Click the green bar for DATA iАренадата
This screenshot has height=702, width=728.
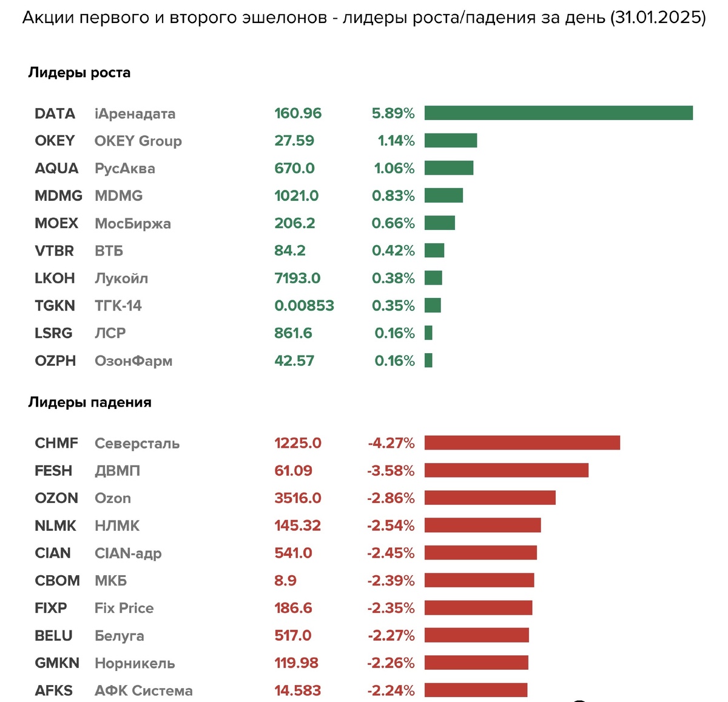click(x=558, y=113)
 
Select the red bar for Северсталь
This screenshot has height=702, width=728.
click(x=522, y=443)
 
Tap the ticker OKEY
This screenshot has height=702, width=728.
click(x=55, y=141)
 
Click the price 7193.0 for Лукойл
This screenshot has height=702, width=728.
click(x=297, y=278)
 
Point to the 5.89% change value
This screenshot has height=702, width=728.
click(x=393, y=113)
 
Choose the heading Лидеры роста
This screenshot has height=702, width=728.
click(x=79, y=73)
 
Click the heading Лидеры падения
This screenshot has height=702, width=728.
click(x=90, y=402)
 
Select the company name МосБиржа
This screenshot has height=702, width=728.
click(x=132, y=223)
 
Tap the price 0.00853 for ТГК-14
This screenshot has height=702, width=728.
click(x=304, y=306)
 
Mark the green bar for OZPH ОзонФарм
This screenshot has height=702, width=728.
click(x=428, y=360)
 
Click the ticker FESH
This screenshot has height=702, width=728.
click(x=53, y=471)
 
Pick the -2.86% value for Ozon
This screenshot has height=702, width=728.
click(x=391, y=498)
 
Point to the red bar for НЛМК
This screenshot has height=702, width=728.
click(x=482, y=525)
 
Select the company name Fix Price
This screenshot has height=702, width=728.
click(x=124, y=608)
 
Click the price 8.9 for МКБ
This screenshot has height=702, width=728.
click(x=285, y=581)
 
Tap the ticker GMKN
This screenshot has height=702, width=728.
click(x=57, y=663)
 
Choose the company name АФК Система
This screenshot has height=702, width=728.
click(x=143, y=690)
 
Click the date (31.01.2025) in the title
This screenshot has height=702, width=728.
click(x=658, y=18)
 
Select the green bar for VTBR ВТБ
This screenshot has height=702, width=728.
click(x=434, y=251)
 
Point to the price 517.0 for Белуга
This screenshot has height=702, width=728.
click(x=292, y=635)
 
